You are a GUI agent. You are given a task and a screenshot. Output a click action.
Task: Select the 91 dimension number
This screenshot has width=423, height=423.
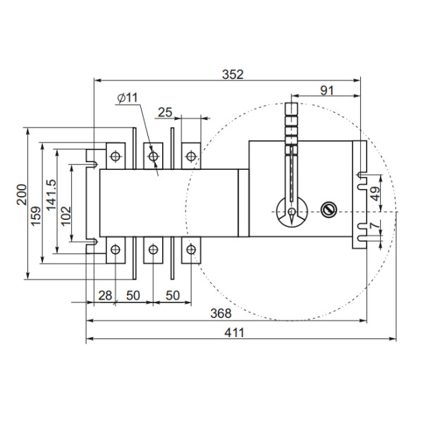[326, 90]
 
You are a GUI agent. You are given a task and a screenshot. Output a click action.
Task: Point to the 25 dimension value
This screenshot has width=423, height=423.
[164, 112]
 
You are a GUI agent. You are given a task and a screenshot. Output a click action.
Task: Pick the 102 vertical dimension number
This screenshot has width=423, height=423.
[66, 214]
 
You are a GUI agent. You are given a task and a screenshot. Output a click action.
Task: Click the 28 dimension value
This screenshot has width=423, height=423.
[104, 295]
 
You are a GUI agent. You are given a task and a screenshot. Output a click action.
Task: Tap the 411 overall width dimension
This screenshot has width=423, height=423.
[235, 333]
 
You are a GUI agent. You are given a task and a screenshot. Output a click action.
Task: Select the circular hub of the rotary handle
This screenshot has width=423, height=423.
[291, 211]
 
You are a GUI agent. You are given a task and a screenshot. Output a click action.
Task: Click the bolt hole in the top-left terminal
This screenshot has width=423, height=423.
[116, 154]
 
